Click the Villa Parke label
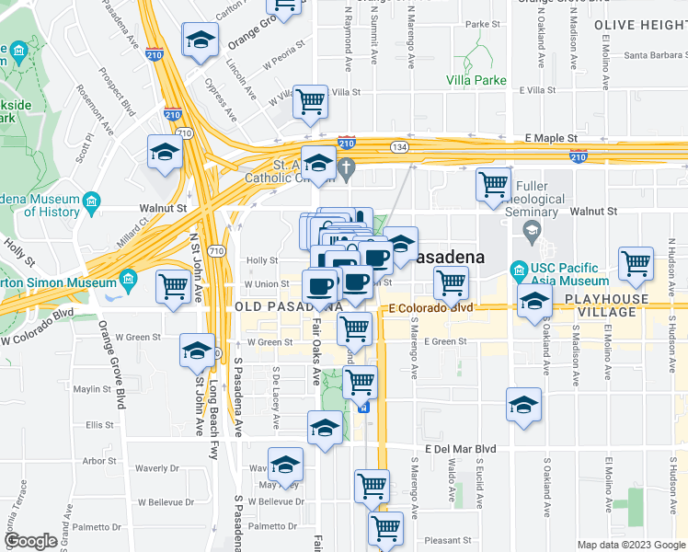coord(476,80)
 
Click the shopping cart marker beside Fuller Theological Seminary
coord(494,184)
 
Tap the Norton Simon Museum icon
coord(127,278)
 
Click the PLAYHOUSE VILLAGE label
coord(613,305)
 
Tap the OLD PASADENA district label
coord(276,305)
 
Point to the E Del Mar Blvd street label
coord(460,449)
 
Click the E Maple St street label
coord(551,138)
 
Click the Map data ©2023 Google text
coord(631,545)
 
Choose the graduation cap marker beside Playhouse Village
coord(534,301)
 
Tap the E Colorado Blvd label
coord(430,307)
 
